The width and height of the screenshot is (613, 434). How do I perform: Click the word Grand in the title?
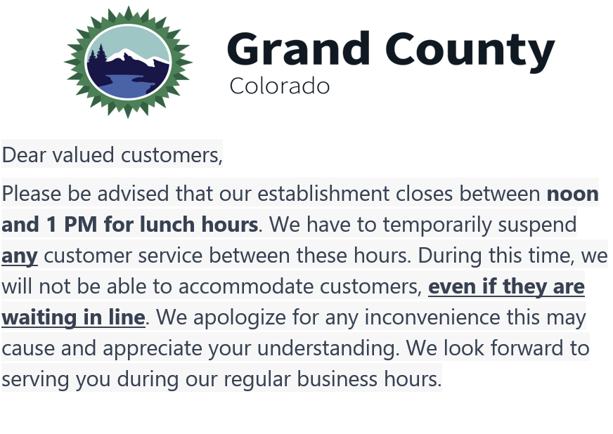(299, 49)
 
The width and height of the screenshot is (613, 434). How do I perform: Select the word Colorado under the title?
(279, 86)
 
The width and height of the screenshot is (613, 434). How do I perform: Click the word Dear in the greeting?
(22, 154)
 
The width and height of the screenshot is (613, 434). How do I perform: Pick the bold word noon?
(573, 194)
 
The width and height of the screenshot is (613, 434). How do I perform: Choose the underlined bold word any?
(19, 256)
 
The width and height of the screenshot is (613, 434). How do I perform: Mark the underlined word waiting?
(37, 317)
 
